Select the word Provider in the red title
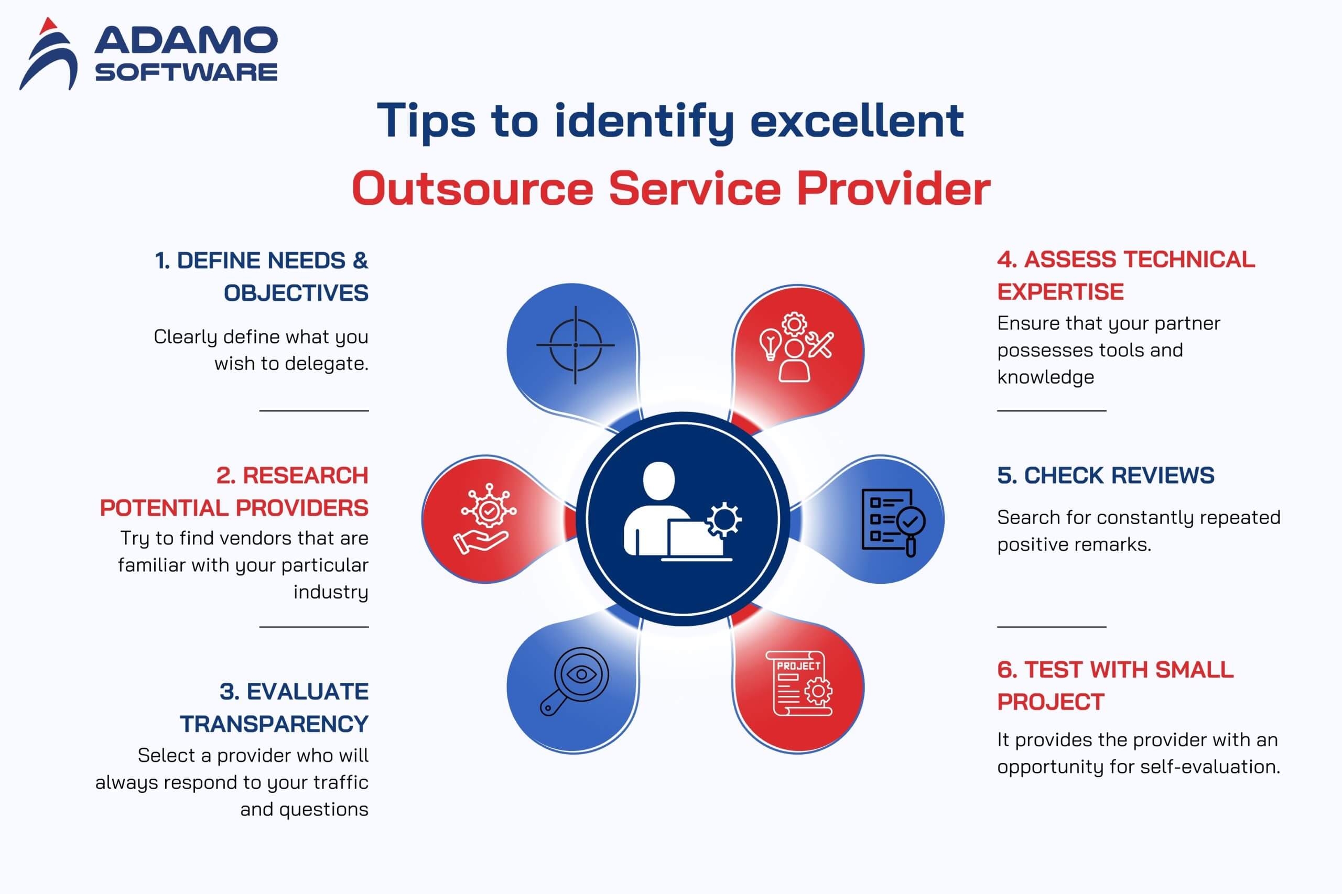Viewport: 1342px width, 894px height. [x=893, y=188]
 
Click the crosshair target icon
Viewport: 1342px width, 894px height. [x=576, y=345]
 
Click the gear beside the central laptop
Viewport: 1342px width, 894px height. [x=724, y=519]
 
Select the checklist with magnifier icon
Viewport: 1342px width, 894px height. [x=893, y=522]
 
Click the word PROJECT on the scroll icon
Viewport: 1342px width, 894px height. [x=798, y=666]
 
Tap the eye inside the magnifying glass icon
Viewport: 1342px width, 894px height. [x=581, y=674]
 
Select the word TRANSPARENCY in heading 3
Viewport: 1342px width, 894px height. [x=274, y=724]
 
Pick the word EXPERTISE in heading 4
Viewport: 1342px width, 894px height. [x=1060, y=292]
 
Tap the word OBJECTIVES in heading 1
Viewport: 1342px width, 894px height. [x=296, y=293]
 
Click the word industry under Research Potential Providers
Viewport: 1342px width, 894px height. [x=331, y=592]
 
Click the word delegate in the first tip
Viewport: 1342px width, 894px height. [x=326, y=364]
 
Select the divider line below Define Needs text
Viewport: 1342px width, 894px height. [x=314, y=410]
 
